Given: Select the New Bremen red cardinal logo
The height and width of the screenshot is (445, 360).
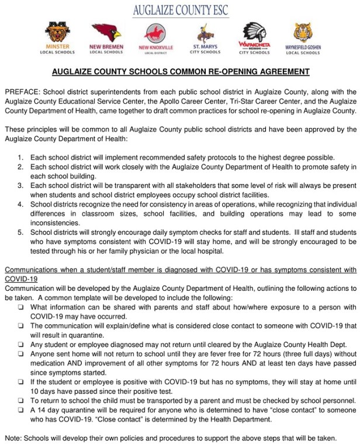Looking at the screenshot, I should (x=106, y=33).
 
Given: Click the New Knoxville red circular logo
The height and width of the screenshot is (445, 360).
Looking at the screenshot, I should (x=154, y=34).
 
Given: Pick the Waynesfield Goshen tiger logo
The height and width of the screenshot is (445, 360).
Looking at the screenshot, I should (x=303, y=33).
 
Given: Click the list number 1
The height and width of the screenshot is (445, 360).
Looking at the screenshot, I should (x=20, y=158).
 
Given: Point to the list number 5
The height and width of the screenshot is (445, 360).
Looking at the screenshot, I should (x=20, y=232).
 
